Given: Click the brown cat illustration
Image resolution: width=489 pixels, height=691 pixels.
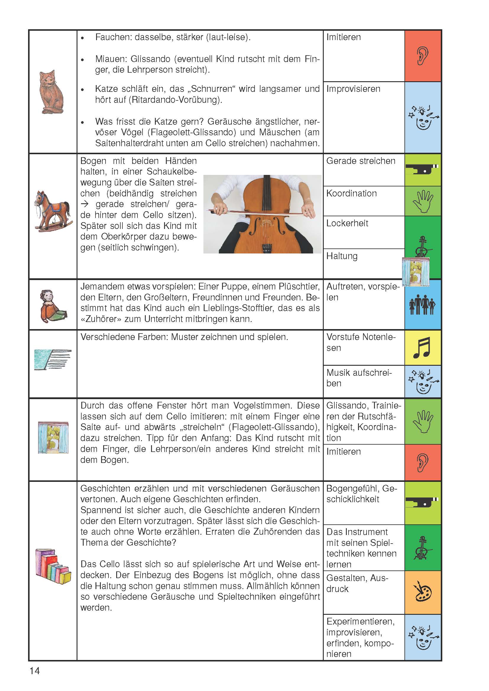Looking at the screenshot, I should coord(52,92).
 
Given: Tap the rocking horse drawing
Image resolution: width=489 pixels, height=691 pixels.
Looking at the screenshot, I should coord(53,211).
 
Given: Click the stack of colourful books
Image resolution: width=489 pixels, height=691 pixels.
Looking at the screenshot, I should coord(53,566).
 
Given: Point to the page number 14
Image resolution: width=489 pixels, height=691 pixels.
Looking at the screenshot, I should coord(35,671).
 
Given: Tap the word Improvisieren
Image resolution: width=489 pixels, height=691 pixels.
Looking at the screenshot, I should coord(353,89).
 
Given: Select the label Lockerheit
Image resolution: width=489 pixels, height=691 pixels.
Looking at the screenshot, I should coord(347,223).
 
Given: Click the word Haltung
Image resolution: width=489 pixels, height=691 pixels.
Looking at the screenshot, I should coord(342,256).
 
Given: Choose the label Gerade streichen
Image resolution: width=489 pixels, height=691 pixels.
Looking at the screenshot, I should coord(360,161).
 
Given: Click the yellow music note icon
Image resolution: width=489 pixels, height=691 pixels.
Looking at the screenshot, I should coord(422,348).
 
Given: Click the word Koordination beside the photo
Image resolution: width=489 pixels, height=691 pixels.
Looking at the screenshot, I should coord(352,194).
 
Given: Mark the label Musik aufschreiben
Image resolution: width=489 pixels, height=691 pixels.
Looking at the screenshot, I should coord(359,378).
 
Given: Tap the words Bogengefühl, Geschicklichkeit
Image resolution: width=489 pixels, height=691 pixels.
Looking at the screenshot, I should coord(361,494).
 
